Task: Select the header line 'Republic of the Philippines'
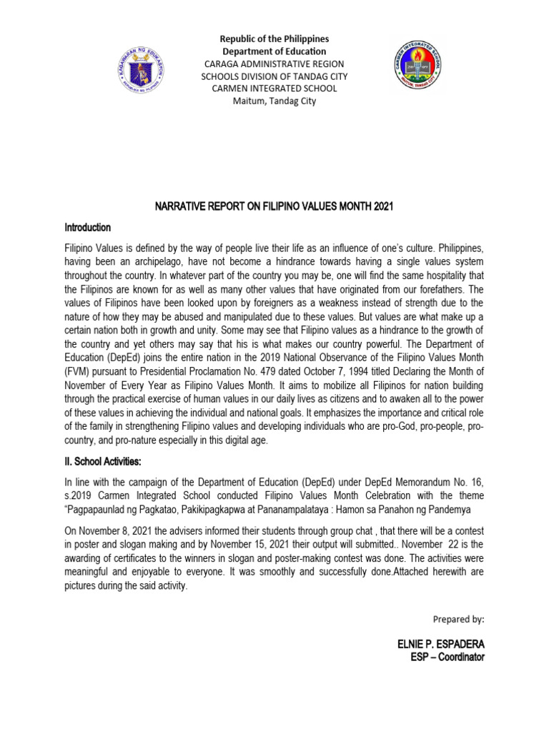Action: pos(274,39)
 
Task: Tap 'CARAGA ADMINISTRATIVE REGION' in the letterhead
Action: pos(274,64)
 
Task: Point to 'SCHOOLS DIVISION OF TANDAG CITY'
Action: pos(274,76)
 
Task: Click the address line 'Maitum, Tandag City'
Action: pos(274,101)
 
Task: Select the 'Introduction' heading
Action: pos(88,228)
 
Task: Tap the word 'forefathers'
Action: pos(444,289)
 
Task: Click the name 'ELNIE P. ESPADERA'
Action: pos(441,644)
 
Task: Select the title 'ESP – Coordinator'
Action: pos(446,657)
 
